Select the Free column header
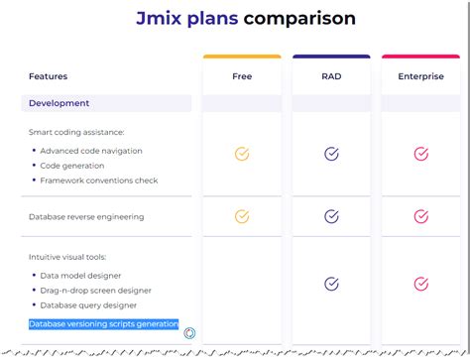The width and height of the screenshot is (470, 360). click(242, 76)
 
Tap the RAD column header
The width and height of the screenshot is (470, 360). click(331, 76)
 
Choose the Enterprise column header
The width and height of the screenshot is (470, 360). click(420, 76)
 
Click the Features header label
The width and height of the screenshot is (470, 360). click(49, 76)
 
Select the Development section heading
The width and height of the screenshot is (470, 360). click(59, 103)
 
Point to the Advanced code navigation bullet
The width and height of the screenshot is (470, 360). click(91, 151)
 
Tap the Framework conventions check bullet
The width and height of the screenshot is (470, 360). click(99, 180)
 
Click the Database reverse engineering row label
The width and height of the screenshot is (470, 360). click(86, 216)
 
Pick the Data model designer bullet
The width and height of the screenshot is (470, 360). click(81, 276)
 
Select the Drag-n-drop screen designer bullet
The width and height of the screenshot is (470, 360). click(96, 291)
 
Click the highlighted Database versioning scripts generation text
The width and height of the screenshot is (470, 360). click(103, 324)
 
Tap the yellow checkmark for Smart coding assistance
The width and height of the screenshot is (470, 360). click(242, 154)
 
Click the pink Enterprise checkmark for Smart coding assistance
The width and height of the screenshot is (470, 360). click(420, 154)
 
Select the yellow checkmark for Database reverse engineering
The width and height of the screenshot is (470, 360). click(242, 216)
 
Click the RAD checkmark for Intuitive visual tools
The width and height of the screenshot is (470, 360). click(331, 284)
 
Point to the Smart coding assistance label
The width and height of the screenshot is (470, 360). click(77, 132)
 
